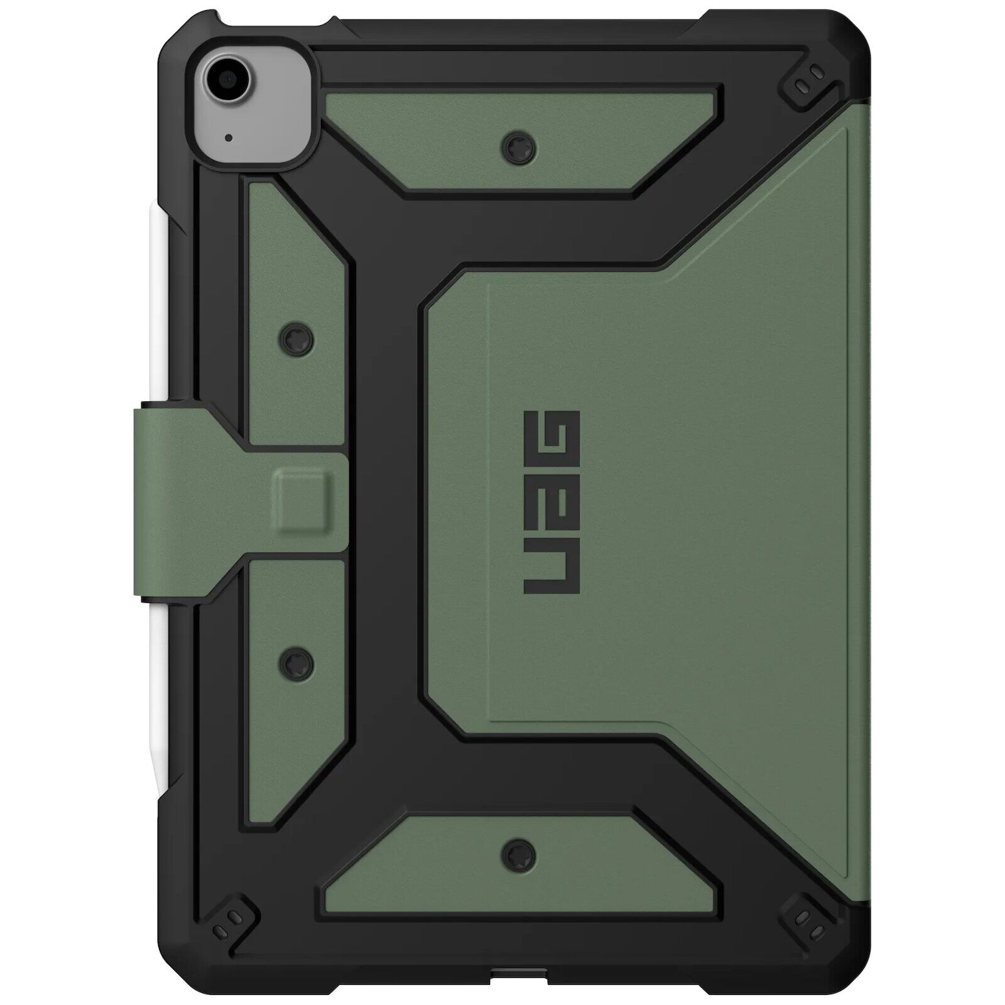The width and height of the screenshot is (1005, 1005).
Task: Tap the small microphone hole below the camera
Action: [x=228, y=137]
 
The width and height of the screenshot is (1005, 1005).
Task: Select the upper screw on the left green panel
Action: [x=297, y=340]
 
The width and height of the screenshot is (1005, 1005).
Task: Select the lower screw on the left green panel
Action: [x=297, y=661]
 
